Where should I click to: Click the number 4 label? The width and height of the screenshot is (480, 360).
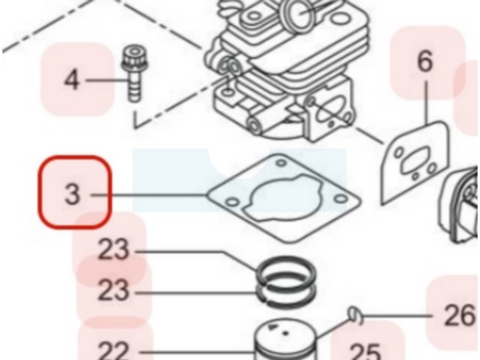click(x=71, y=80)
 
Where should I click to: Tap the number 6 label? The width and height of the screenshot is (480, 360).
click(x=425, y=62)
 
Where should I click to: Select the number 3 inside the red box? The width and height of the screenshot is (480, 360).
click(x=72, y=194)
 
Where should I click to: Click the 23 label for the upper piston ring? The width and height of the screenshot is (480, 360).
click(x=113, y=250)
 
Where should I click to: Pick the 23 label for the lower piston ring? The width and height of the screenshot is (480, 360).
click(x=113, y=290)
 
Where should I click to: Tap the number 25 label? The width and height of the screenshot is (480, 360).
click(x=365, y=352)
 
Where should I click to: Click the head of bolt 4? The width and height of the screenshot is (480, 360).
click(x=134, y=59)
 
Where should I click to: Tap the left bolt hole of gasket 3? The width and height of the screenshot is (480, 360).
click(x=232, y=202)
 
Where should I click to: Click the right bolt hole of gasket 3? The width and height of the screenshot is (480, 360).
click(x=341, y=199)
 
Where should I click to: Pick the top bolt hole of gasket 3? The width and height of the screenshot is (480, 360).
click(x=281, y=163)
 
